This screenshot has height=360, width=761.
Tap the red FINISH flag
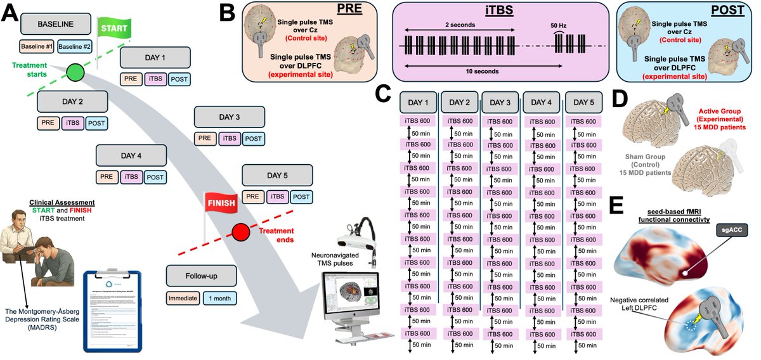[219, 202]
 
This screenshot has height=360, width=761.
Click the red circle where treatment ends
[241, 233]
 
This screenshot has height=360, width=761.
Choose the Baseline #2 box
[75, 47]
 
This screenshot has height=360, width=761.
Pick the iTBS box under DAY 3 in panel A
[230, 139]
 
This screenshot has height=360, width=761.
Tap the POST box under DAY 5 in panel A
[302, 197]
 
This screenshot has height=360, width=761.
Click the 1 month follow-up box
[219, 297]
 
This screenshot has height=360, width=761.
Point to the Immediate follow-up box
[183, 297]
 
